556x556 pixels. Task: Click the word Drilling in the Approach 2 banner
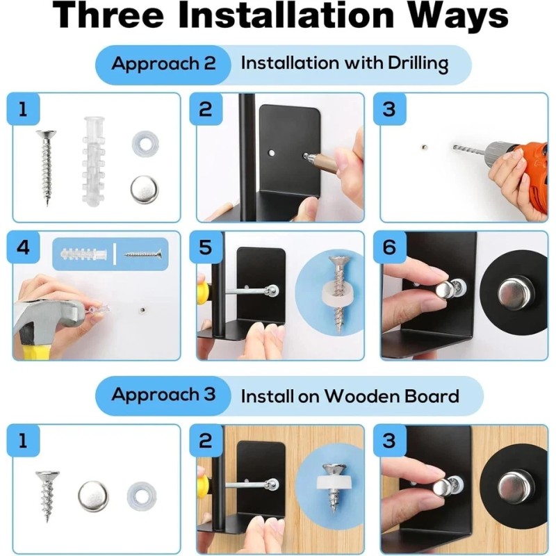coord(418,64)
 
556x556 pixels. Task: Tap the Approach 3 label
coord(163,395)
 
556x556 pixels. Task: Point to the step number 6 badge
coord(389,247)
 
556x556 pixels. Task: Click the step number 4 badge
coord(24,247)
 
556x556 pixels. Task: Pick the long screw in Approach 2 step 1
coord(46,167)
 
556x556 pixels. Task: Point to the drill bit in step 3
coord(468,149)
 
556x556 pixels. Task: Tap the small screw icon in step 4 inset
coord(142,254)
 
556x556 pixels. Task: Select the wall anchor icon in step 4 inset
coord(83,254)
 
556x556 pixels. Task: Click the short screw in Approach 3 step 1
coord(47,496)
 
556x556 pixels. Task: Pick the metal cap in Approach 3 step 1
coord(93,496)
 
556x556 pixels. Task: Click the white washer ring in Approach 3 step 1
coord(142,494)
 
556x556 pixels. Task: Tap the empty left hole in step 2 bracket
coord(272,154)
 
